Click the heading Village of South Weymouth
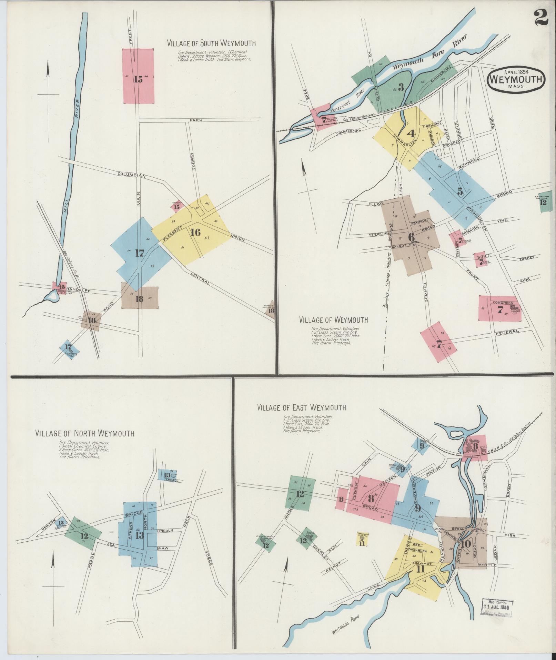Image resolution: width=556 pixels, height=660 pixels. [x=211, y=43]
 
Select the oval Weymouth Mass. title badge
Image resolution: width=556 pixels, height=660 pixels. [x=516, y=79]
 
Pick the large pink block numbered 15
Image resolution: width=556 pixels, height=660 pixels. [x=138, y=76]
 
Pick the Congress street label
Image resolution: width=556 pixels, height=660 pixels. [x=502, y=303]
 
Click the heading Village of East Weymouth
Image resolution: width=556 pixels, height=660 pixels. [x=301, y=407]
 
